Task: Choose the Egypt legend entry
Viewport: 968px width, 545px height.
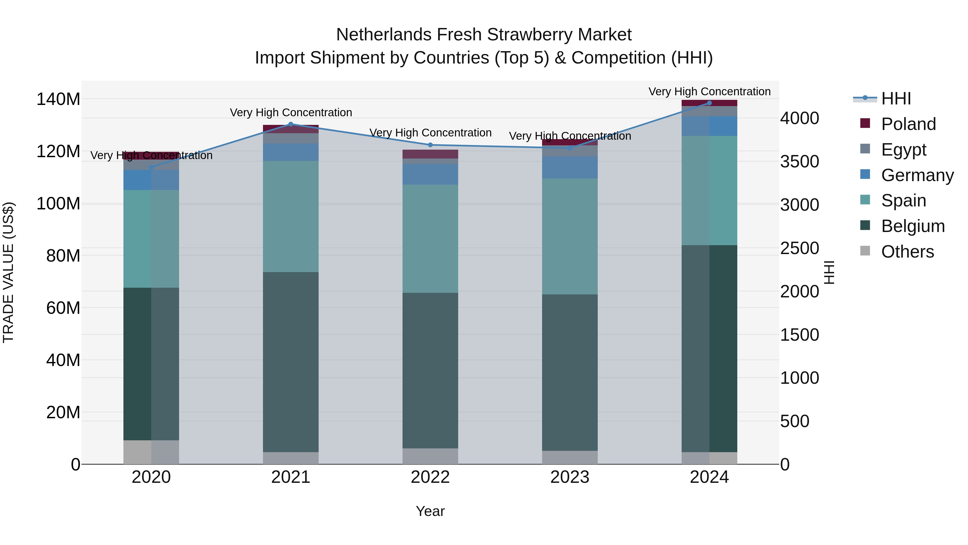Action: point(903,150)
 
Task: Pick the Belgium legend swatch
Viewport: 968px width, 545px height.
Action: point(865,226)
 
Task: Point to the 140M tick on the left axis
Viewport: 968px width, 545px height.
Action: point(58,99)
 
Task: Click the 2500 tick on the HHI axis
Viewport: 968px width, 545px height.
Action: point(799,248)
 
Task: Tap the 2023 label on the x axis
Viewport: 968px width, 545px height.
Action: point(570,477)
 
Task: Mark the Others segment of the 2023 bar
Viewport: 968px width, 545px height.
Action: point(570,457)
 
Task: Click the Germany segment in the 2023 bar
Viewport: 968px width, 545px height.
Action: point(570,167)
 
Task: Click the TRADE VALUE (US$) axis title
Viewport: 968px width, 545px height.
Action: point(8,272)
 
